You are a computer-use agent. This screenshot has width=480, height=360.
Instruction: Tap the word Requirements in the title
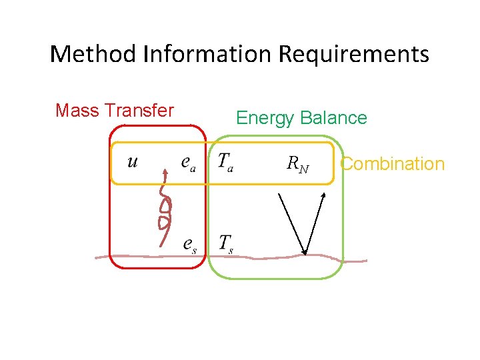click(x=354, y=53)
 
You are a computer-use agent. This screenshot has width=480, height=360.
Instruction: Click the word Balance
click(x=333, y=118)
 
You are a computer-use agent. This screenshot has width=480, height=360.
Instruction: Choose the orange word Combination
click(x=392, y=163)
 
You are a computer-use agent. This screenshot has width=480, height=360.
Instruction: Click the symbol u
click(x=133, y=161)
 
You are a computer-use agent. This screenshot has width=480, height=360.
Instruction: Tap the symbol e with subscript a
click(x=189, y=163)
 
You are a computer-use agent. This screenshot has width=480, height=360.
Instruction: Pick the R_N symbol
click(x=297, y=163)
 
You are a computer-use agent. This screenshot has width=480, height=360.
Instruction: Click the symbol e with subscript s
click(x=190, y=244)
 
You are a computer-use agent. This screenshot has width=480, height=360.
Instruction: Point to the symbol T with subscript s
click(x=226, y=243)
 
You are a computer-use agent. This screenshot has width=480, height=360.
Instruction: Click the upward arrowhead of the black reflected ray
click(x=323, y=195)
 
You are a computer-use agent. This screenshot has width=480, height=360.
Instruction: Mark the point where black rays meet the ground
click(x=305, y=254)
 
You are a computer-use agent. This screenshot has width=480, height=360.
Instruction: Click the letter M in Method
click(x=62, y=53)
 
